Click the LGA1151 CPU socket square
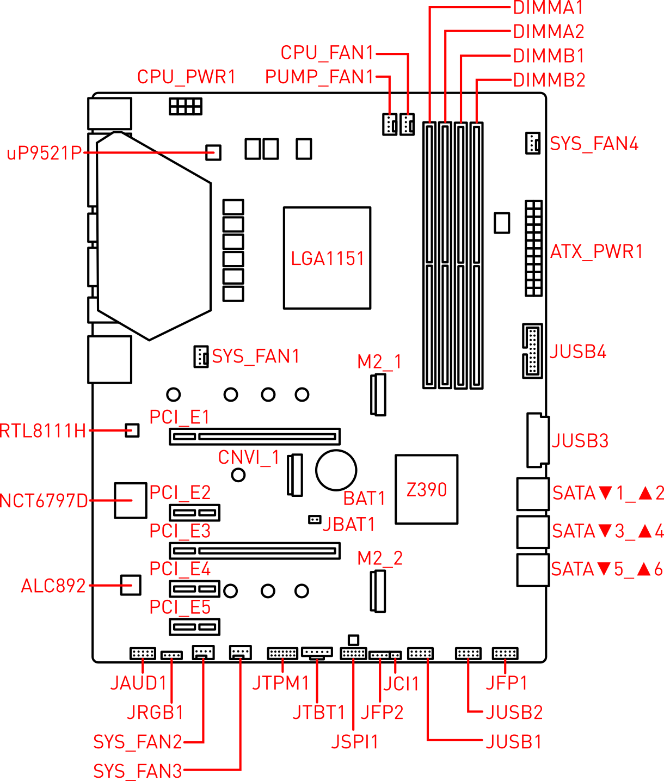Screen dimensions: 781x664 [x=327, y=258]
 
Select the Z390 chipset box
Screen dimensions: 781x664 [x=426, y=489]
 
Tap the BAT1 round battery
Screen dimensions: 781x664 [x=336, y=470]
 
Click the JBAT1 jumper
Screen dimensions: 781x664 [x=315, y=520]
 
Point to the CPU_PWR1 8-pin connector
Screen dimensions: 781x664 [x=186, y=106]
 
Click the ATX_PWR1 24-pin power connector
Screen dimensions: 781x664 [x=533, y=248]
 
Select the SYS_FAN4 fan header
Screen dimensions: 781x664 [x=533, y=143]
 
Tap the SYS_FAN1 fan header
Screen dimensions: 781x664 [x=201, y=356]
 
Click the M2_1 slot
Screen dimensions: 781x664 [x=378, y=395]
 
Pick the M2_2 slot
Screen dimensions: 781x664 [x=378, y=591]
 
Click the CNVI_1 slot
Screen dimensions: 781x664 [x=295, y=475]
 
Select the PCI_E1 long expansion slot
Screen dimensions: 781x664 [x=255, y=436]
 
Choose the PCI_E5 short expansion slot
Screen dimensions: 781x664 [x=194, y=627]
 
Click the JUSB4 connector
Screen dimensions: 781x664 [x=532, y=351]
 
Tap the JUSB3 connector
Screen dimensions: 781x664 [x=537, y=440]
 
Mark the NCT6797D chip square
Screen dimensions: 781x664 [x=131, y=500]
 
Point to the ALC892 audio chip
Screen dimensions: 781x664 [x=131, y=585]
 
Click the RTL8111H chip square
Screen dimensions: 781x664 [x=132, y=430]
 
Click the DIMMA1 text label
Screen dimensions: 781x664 [x=548, y=8]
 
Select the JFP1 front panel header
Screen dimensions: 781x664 [x=505, y=654]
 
